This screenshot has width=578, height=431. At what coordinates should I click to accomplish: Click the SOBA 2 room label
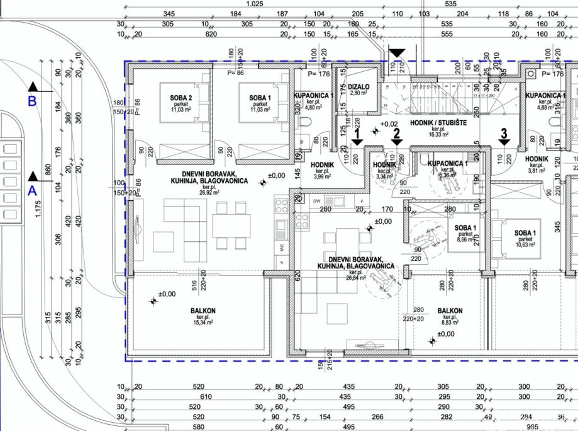[181, 98]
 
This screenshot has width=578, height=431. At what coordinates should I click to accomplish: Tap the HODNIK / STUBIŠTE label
[438, 123]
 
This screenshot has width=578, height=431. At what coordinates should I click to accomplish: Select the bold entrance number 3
[503, 133]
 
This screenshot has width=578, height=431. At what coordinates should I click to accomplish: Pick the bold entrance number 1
[357, 134]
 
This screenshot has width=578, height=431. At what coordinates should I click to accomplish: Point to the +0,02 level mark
[390, 124]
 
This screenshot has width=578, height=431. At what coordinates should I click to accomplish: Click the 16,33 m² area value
[438, 134]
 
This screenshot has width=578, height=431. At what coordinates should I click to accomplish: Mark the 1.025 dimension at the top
[254, 4]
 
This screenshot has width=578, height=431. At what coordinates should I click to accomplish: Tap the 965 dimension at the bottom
[524, 427]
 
